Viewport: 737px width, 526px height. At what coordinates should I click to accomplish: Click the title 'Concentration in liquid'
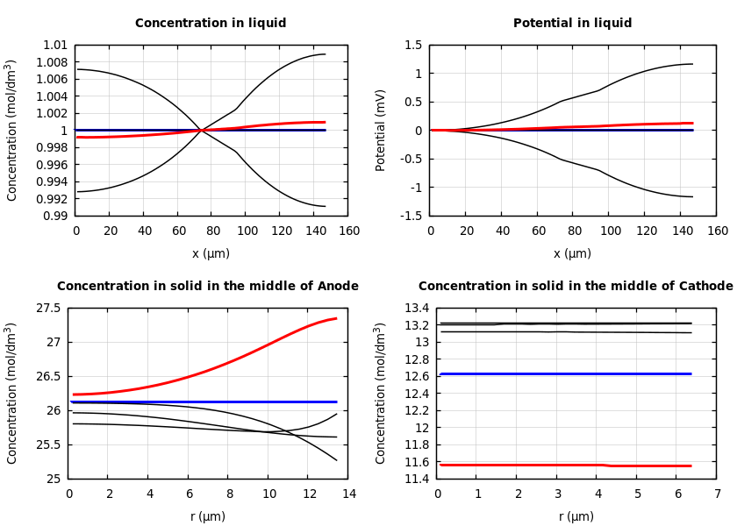click(x=211, y=24)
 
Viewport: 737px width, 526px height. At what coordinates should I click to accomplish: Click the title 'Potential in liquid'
click(x=572, y=24)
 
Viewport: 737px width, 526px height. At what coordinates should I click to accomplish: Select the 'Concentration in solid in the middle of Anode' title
click(x=208, y=287)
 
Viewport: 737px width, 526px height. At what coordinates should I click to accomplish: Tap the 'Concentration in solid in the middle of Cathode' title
click(x=576, y=287)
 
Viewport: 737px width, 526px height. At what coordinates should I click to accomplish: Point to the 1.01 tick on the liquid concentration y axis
click(x=55, y=45)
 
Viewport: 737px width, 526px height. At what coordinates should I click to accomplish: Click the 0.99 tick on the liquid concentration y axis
click(x=55, y=216)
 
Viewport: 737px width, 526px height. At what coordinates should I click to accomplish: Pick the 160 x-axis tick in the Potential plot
click(x=717, y=231)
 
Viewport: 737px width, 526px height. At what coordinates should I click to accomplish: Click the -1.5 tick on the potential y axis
click(x=412, y=216)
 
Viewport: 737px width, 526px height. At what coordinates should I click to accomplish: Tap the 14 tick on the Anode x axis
click(x=349, y=494)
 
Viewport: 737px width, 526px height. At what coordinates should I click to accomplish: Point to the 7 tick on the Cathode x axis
click(x=717, y=494)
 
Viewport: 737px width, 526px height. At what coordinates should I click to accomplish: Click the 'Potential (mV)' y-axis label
click(x=381, y=130)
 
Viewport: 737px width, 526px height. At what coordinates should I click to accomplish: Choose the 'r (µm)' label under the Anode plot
click(x=208, y=516)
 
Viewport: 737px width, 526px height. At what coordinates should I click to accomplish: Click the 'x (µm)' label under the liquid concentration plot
click(x=211, y=253)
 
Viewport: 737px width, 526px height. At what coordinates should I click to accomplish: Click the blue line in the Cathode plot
click(x=570, y=373)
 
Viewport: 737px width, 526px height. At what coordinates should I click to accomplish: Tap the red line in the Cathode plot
click(x=526, y=465)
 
